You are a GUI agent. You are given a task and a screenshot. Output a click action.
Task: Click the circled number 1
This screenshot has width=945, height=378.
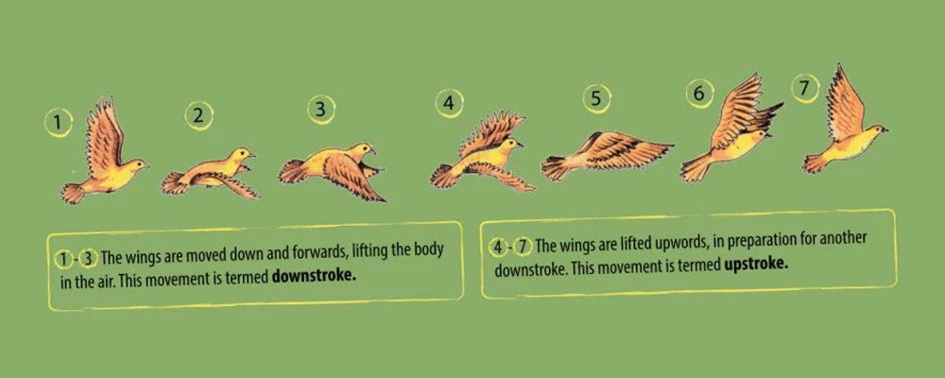pyautogui.click(x=59, y=122)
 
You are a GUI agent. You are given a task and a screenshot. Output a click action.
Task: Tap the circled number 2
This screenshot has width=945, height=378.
pyautogui.click(x=198, y=115)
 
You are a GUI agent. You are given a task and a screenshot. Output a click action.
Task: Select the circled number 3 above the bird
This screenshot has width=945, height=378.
pyautogui.click(x=321, y=109)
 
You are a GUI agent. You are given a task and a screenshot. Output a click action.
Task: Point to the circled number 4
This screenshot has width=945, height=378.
pyautogui.click(x=450, y=102)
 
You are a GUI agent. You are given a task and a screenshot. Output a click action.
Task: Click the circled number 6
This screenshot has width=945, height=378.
pyautogui.click(x=699, y=94)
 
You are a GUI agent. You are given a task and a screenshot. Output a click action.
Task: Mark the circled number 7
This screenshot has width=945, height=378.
pyautogui.click(x=804, y=88)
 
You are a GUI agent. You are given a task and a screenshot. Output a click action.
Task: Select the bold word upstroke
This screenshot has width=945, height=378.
pyautogui.click(x=757, y=266)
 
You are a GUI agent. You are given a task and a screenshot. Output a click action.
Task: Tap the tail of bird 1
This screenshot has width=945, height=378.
pyautogui.click(x=73, y=194)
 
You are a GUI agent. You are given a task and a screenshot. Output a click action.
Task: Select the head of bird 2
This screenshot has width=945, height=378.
pyautogui.click(x=241, y=154)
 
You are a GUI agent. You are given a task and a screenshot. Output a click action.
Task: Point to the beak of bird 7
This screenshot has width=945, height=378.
pyautogui.click(x=885, y=128)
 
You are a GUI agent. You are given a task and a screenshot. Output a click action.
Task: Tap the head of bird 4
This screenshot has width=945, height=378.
pyautogui.click(x=511, y=145)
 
